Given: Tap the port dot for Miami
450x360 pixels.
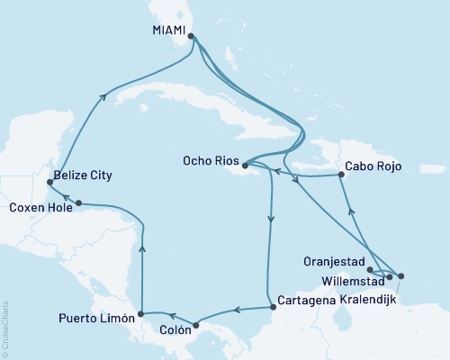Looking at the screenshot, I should point(190,37).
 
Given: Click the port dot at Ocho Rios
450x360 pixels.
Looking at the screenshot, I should point(244,165).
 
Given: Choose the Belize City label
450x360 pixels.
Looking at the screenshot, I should point(83,175).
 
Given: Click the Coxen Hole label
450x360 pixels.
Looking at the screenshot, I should point(38,207).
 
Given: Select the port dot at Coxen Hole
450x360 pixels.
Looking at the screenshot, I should point(79,202).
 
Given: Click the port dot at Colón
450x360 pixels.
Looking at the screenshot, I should point(195,322).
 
